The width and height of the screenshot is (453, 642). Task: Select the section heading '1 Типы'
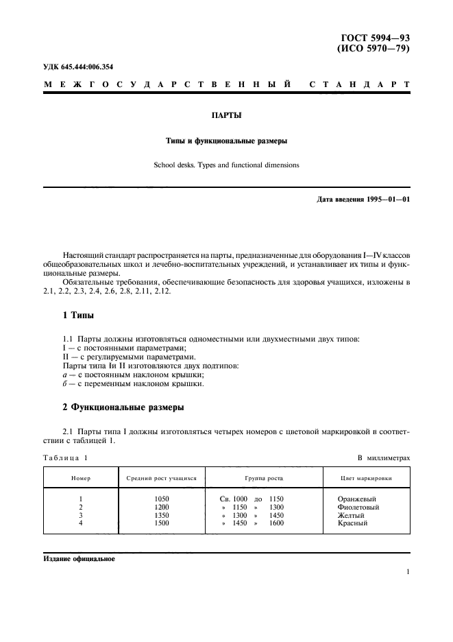pyautogui.click(x=79, y=316)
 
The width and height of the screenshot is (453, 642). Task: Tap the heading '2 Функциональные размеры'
pyautogui.click(x=123, y=407)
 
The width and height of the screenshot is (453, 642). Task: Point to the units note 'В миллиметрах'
pyautogui.click(x=384, y=457)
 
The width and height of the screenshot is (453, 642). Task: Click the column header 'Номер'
pyautogui.click(x=81, y=477)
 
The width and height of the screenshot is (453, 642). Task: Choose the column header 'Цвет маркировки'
pyautogui.click(x=367, y=477)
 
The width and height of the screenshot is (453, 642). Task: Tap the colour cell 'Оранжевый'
pyautogui.click(x=357, y=499)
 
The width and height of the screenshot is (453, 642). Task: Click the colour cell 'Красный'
pyautogui.click(x=353, y=523)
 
